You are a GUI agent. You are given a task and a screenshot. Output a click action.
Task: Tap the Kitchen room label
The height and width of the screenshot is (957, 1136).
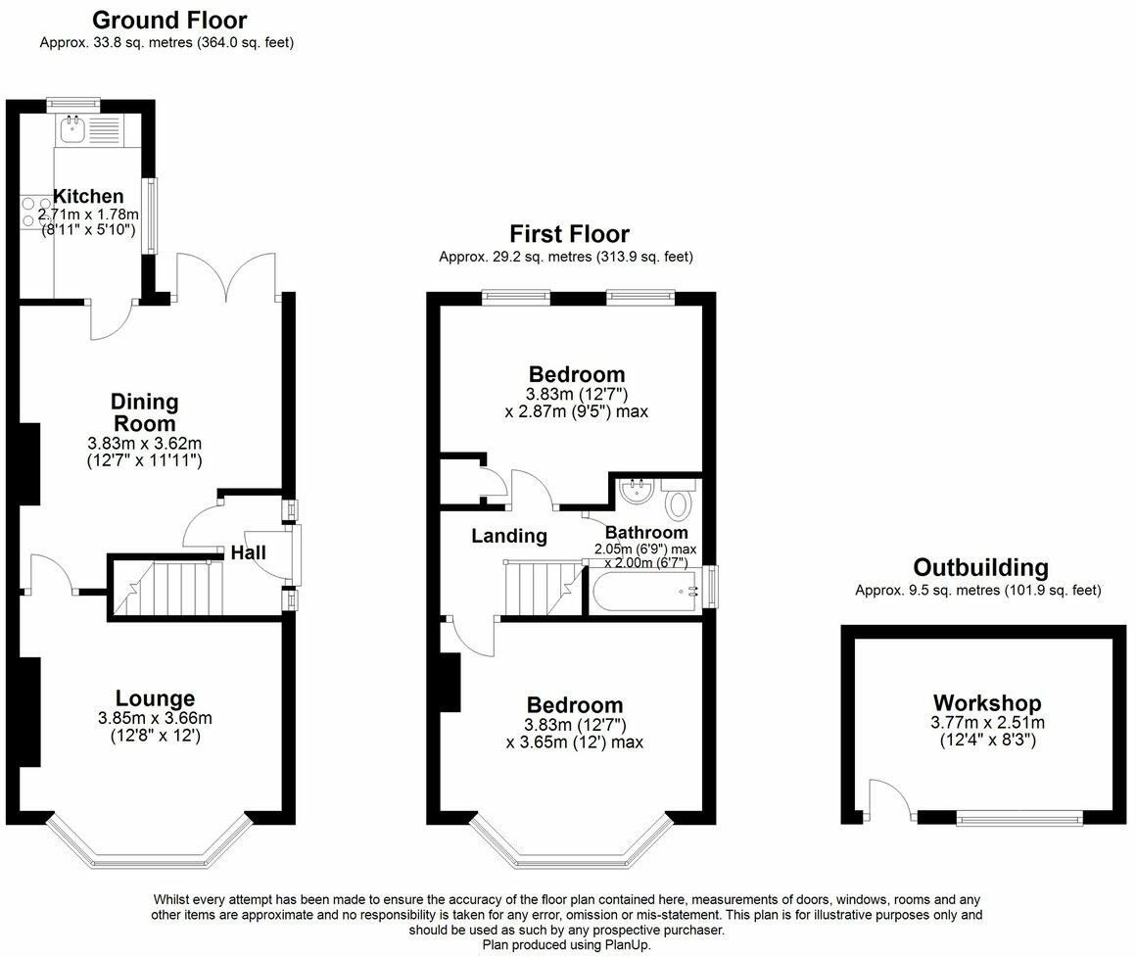tap(88, 196)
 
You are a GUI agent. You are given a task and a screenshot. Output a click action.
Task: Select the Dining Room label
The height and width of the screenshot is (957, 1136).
tap(144, 412)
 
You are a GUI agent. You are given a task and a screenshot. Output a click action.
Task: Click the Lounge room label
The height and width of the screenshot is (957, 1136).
tap(155, 698)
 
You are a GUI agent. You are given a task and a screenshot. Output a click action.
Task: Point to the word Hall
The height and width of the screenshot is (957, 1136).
tap(249, 552)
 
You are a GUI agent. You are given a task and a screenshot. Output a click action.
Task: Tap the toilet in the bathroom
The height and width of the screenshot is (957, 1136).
tap(679, 501)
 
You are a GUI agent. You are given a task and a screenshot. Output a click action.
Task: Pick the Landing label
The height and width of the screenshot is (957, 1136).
tap(509, 536)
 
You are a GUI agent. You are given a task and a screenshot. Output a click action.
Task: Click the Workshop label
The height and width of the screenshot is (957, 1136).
tap(987, 702)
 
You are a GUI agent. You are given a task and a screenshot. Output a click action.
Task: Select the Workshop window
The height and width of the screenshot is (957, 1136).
tap(1019, 819)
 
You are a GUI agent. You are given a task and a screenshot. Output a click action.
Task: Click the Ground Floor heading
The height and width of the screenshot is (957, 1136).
tap(169, 20)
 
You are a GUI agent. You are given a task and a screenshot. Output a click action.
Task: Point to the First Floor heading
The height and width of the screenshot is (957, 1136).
tap(569, 234)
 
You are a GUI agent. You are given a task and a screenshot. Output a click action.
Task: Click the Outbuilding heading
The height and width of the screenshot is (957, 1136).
tap(981, 567)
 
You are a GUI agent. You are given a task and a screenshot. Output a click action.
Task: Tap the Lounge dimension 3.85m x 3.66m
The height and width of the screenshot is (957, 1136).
tap(155, 719)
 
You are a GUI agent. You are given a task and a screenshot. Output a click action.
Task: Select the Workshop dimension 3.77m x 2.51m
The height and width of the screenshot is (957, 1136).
tap(987, 722)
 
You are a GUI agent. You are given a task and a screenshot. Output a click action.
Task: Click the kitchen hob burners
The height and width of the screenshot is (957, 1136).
tap(29, 212)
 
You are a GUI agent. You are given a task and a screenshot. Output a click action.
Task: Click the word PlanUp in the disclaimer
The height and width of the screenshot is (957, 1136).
tap(628, 944)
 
